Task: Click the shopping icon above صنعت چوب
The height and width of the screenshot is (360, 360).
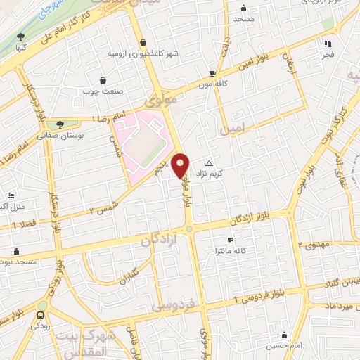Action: pos(103,80)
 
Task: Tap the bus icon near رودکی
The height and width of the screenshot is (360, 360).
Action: pos(40,315)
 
